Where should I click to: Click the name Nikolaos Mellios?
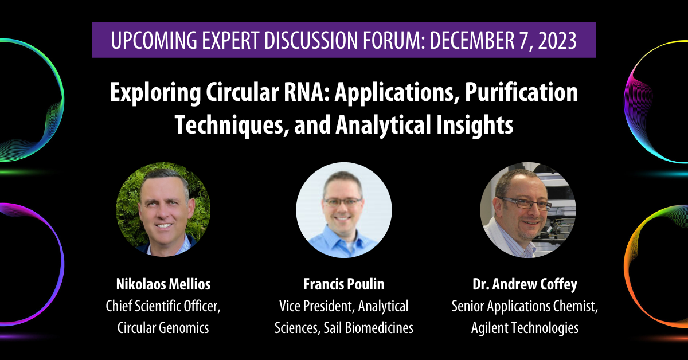pos(163,284)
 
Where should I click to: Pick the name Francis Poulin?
pos(343,284)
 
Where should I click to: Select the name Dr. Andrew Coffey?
pos(525,284)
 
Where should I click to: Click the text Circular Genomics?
pos(163,328)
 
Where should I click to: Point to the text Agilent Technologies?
pos(525,328)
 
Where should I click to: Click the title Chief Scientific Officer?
pos(163,306)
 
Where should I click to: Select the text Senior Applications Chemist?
pos(525,306)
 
